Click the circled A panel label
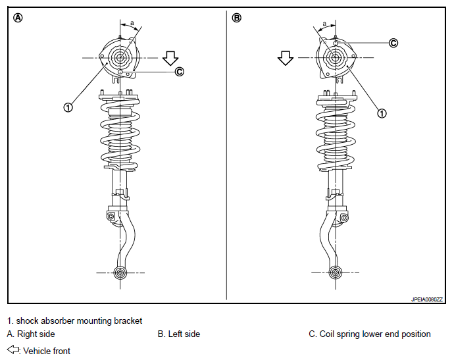(x=18, y=18)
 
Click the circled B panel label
(x=236, y=18)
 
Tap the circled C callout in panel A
(x=180, y=71)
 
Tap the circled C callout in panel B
(x=393, y=43)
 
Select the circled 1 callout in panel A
(x=68, y=107)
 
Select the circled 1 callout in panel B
(x=382, y=113)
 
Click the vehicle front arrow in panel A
(x=170, y=59)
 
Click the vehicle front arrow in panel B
(x=286, y=59)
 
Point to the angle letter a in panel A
(x=132, y=23)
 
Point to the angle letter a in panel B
(x=325, y=24)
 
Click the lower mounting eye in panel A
(x=120, y=272)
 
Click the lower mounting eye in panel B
(x=336, y=272)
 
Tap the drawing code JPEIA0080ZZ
(x=427, y=299)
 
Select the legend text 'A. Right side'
(x=31, y=334)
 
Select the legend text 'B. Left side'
(x=179, y=334)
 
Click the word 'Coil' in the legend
(x=327, y=334)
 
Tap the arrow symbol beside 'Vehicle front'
(x=13, y=349)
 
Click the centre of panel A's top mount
(x=120, y=58)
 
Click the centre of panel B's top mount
(x=336, y=58)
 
